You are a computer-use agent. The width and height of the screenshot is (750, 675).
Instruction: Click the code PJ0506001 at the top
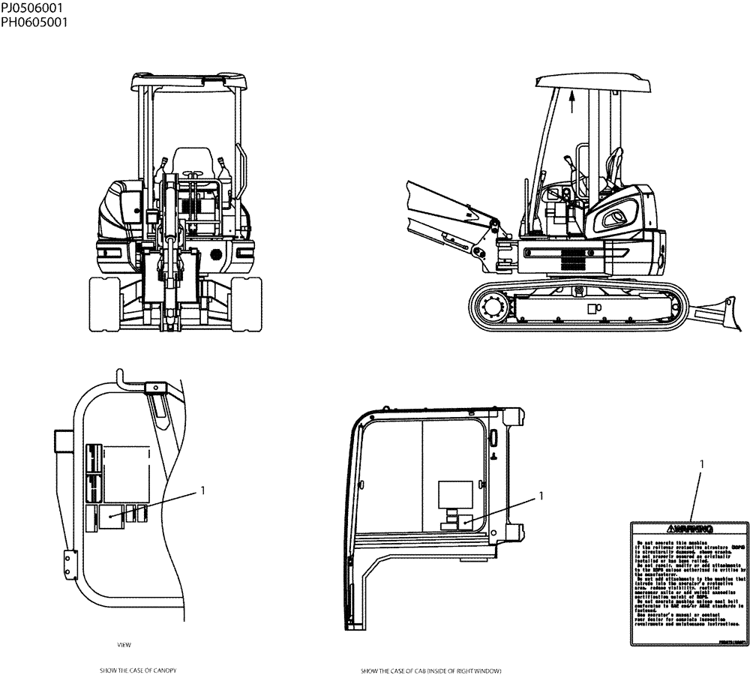(32, 7)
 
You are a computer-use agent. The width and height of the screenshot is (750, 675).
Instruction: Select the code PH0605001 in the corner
(34, 22)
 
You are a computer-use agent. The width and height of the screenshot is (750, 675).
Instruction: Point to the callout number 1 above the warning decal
(702, 464)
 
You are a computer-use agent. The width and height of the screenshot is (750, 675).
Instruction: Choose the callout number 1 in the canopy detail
(202, 490)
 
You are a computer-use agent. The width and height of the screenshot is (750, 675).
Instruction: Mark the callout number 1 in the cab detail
(540, 496)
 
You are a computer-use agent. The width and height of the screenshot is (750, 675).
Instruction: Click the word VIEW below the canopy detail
(124, 644)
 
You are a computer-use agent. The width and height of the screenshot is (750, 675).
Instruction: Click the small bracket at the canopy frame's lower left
(70, 564)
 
